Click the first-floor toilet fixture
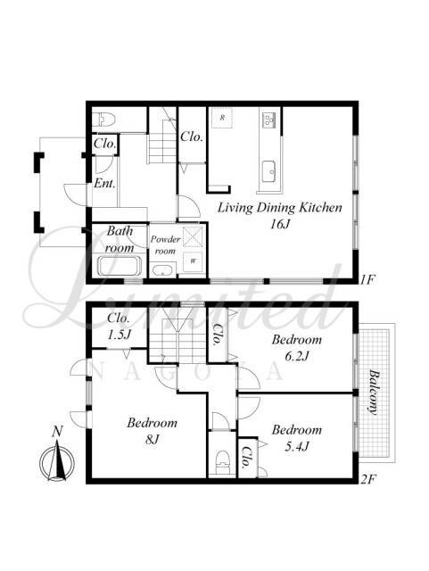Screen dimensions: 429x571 (x=103, y=119)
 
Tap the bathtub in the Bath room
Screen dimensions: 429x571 (x=120, y=266)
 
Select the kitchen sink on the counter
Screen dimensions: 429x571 (x=269, y=171)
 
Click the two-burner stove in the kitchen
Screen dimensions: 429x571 (x=268, y=120)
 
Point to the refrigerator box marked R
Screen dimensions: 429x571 (x=222, y=118)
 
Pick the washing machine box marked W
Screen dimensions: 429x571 (x=193, y=261)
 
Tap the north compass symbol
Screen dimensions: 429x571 (x=57, y=461)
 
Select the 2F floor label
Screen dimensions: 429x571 (x=367, y=479)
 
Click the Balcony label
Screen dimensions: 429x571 (x=373, y=392)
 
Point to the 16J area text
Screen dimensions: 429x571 (x=279, y=224)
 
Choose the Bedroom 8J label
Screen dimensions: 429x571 (x=152, y=431)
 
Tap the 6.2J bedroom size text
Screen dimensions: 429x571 (x=296, y=355)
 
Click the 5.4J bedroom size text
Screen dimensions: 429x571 (x=296, y=446)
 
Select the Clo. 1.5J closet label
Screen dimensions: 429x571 (x=119, y=326)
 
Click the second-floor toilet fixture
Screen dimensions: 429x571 (x=223, y=463)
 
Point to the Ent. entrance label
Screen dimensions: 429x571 (x=104, y=183)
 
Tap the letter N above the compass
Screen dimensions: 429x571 (x=57, y=432)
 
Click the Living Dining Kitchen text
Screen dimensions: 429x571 (x=280, y=208)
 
